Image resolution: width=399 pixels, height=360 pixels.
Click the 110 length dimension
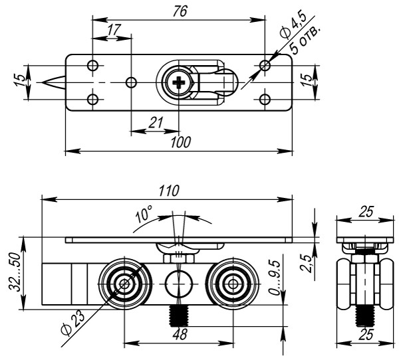pyautogui.click(x=169, y=191)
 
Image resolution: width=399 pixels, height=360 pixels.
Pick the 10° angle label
pyautogui.click(x=143, y=217)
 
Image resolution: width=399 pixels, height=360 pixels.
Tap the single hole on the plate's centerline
pyautogui.click(x=132, y=82)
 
